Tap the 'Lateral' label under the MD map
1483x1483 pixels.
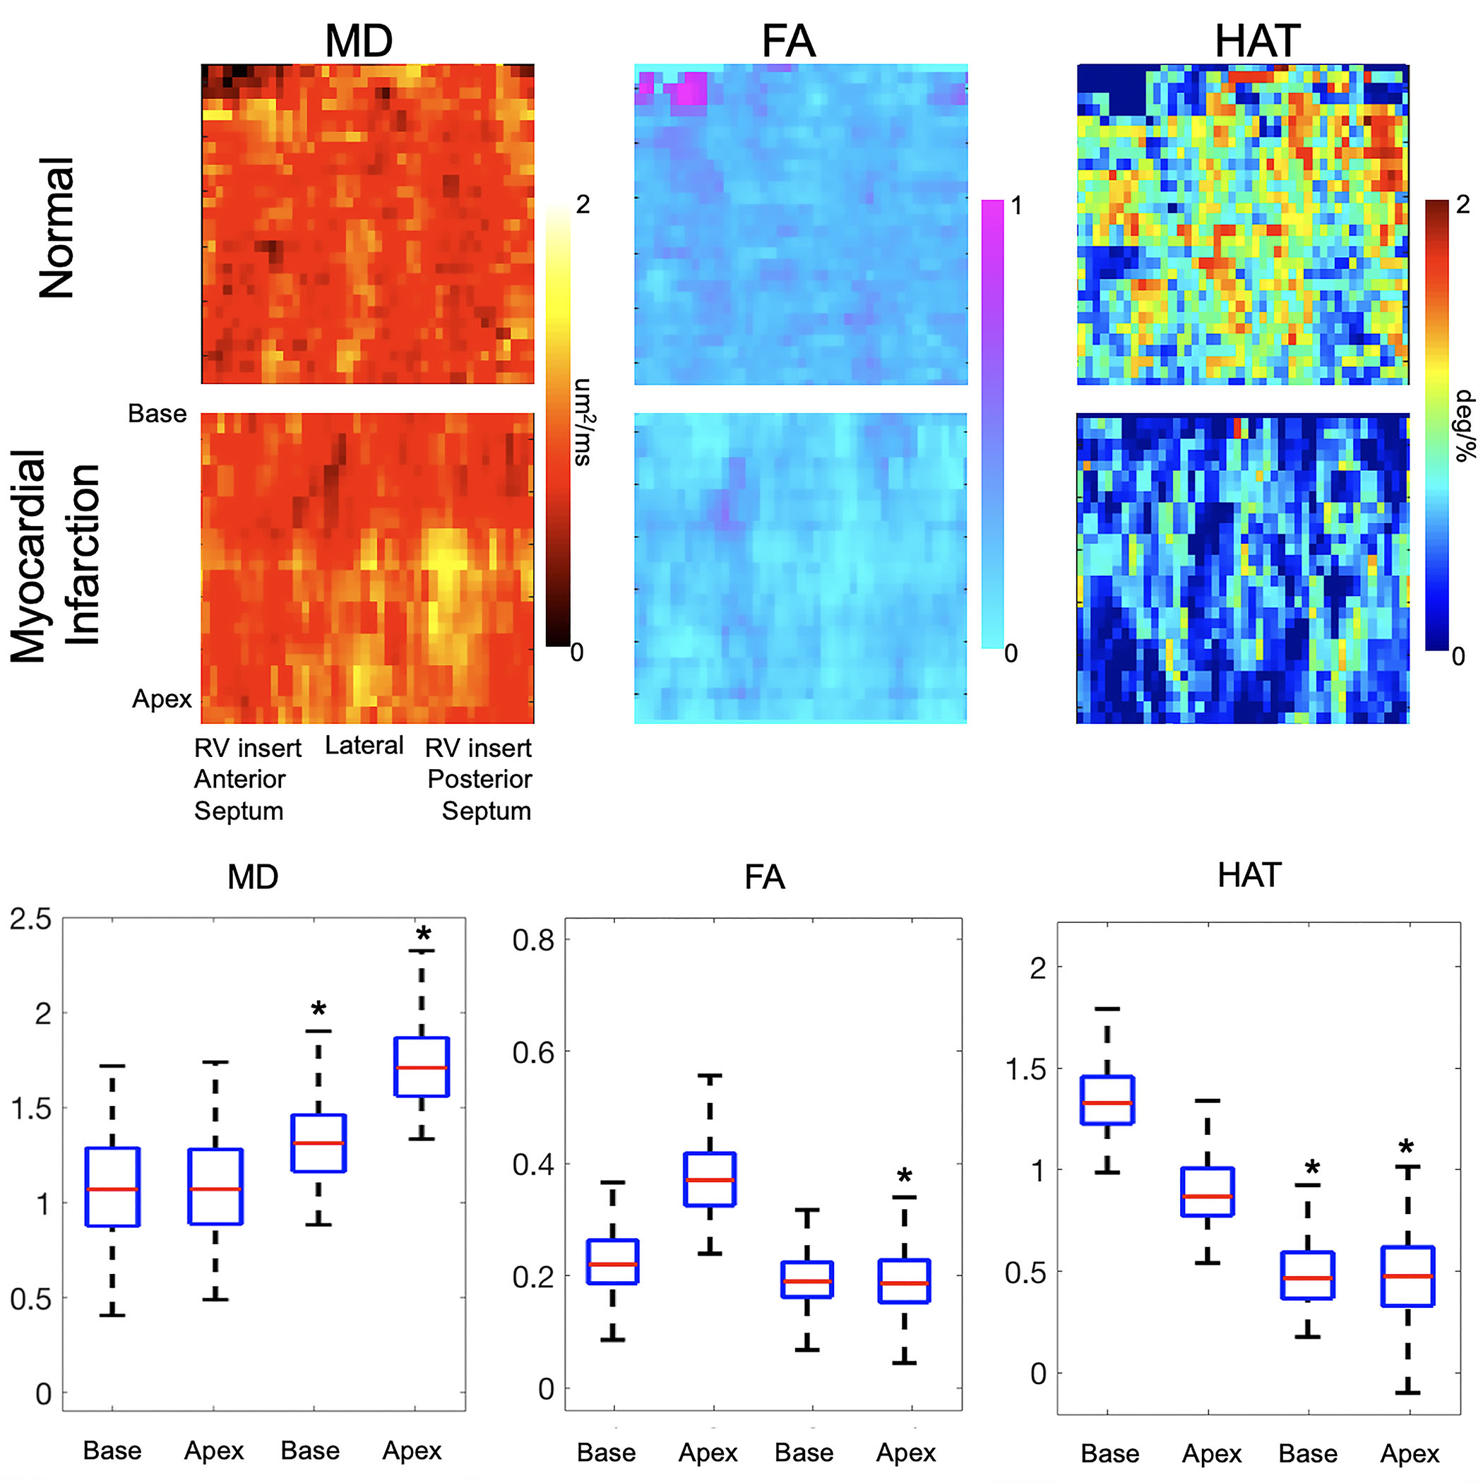coord(364,745)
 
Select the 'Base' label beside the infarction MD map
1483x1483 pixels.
coord(157,414)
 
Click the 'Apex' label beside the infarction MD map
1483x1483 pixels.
coord(162,698)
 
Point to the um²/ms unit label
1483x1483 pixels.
coord(583,422)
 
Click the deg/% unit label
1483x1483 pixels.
coord(1465,426)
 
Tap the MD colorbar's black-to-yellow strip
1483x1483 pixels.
coord(557,426)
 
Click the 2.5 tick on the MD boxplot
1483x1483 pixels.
coord(30,919)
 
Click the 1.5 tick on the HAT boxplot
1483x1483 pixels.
coord(1026,1068)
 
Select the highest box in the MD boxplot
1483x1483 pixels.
coord(422,1067)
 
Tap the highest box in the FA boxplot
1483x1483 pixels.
coord(710,1179)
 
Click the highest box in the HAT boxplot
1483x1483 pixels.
coord(1107,1100)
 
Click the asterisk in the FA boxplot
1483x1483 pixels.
coord(905,1176)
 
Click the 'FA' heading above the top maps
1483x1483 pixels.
coord(788,42)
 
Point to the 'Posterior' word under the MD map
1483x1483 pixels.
coord(479,779)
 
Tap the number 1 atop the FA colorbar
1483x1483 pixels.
coord(1016,206)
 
